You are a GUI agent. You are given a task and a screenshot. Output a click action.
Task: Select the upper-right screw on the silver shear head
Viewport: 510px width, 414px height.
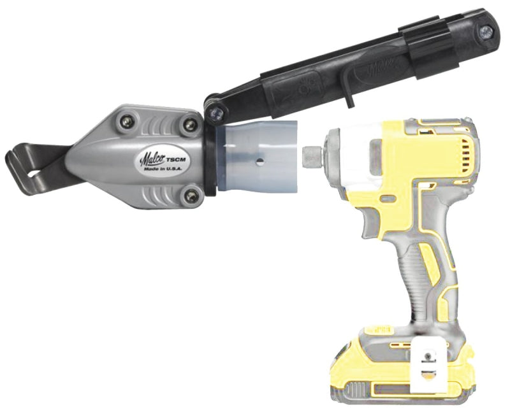click(188, 125)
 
